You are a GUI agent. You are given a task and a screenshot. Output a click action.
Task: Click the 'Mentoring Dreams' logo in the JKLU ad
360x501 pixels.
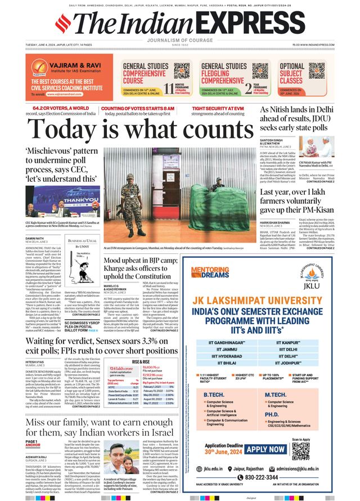[x=209, y=272]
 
